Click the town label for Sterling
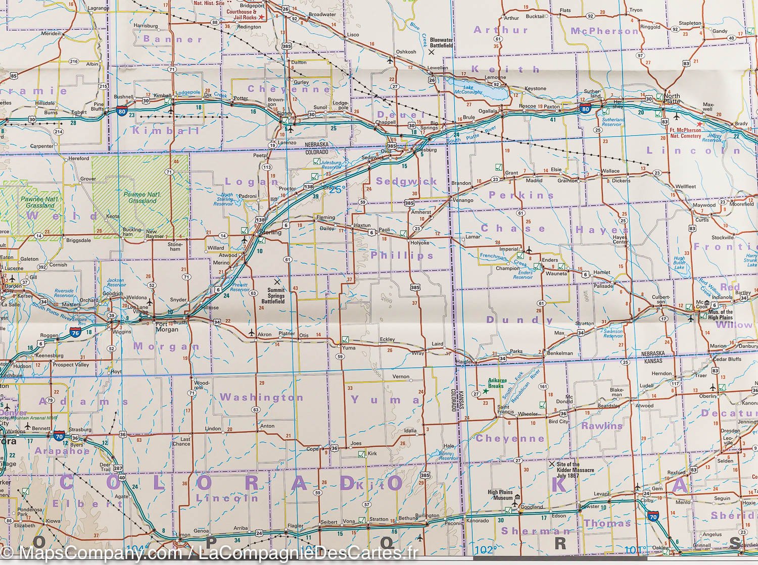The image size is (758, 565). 270,233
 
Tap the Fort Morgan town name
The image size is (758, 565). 167,327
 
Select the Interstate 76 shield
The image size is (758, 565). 75,333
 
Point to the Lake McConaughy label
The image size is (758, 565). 468,89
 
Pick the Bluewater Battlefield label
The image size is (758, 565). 442,42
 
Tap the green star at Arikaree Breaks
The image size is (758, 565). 486,391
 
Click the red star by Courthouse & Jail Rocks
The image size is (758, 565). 261,18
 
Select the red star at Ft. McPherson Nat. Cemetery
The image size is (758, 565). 699,124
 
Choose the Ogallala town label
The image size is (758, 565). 488,111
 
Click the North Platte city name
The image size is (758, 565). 672,98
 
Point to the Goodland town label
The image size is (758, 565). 532,506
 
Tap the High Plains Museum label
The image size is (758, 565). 500,495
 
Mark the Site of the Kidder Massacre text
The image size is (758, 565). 575,470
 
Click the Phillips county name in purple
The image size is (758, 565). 402,255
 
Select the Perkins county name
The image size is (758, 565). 522,195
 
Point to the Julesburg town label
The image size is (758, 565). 425,149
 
